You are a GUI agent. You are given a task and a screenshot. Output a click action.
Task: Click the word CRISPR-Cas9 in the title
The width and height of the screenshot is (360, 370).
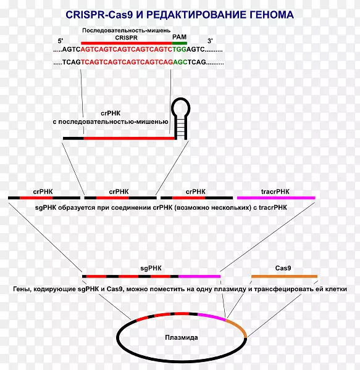[99, 15]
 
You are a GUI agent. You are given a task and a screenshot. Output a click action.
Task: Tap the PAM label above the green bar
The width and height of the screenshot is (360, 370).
[179, 37]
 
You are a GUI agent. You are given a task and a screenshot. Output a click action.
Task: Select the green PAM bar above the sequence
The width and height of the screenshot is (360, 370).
[179, 43]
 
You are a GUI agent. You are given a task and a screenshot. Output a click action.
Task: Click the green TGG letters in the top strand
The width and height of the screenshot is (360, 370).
[179, 49]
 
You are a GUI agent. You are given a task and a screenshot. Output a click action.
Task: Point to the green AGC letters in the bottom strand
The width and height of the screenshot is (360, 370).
[180, 62]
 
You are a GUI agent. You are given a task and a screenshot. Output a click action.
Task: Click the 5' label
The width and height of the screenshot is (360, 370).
[61, 41]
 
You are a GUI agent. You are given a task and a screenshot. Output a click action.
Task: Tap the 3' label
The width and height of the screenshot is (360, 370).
[210, 41]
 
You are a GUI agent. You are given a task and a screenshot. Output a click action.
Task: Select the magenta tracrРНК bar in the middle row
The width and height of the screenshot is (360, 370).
[276, 198]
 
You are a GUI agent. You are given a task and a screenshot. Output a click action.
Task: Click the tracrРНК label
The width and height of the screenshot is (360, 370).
[275, 192]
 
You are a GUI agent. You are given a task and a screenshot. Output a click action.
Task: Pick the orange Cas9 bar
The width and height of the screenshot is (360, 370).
[284, 276]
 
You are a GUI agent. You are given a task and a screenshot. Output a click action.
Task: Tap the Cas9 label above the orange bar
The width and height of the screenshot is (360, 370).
[283, 268]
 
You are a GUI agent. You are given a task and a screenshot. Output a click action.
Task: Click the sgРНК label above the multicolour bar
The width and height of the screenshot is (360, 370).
[151, 268]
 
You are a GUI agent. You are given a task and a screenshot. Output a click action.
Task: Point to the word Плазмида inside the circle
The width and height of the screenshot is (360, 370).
[182, 337]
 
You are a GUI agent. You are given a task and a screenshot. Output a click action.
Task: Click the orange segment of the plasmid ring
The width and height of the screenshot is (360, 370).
[239, 327]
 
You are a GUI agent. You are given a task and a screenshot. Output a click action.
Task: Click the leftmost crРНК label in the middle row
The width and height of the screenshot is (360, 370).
[43, 192]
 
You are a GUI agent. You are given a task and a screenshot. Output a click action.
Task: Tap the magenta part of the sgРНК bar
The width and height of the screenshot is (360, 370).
[199, 276]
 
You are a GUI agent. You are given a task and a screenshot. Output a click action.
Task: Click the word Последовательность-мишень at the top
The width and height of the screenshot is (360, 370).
[126, 30]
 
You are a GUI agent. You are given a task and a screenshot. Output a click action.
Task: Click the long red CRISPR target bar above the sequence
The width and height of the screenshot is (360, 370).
[127, 43]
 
